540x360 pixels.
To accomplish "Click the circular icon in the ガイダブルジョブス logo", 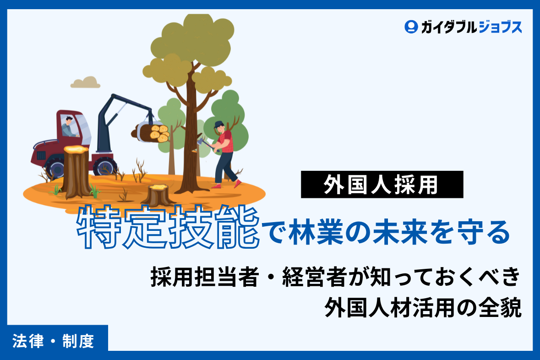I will click(411, 27).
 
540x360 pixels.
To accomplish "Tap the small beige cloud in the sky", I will click(85, 83).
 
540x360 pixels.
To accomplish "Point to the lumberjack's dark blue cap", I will click(219, 124).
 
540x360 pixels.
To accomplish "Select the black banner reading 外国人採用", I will click(382, 185).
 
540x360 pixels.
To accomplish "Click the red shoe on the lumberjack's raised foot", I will click(237, 183).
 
